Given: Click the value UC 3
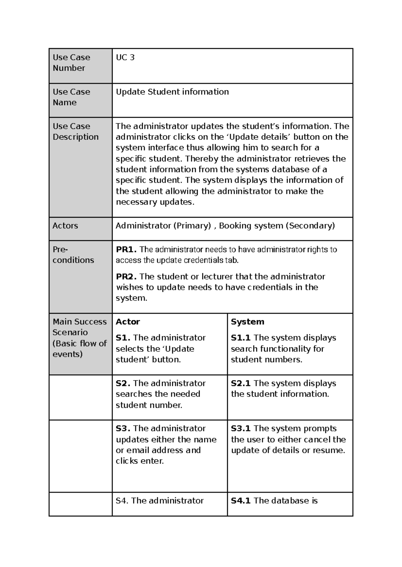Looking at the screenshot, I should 125,58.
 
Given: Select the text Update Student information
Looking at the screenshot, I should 172,92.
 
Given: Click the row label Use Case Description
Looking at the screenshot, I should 75,132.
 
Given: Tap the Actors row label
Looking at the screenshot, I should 65,226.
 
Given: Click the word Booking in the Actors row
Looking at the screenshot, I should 234,226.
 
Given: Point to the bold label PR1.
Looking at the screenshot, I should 126,249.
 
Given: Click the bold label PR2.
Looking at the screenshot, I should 126,276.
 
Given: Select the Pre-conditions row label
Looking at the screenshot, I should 73,255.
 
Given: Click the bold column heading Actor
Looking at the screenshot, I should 128,322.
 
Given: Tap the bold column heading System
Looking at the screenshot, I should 247,322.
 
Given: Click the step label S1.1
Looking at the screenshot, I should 241,338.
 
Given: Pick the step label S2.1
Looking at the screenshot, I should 241,383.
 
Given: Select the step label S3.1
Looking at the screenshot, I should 241,428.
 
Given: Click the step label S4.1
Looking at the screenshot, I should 241,500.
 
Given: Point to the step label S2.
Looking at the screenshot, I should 123,383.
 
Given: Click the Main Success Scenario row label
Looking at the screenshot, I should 79,338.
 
